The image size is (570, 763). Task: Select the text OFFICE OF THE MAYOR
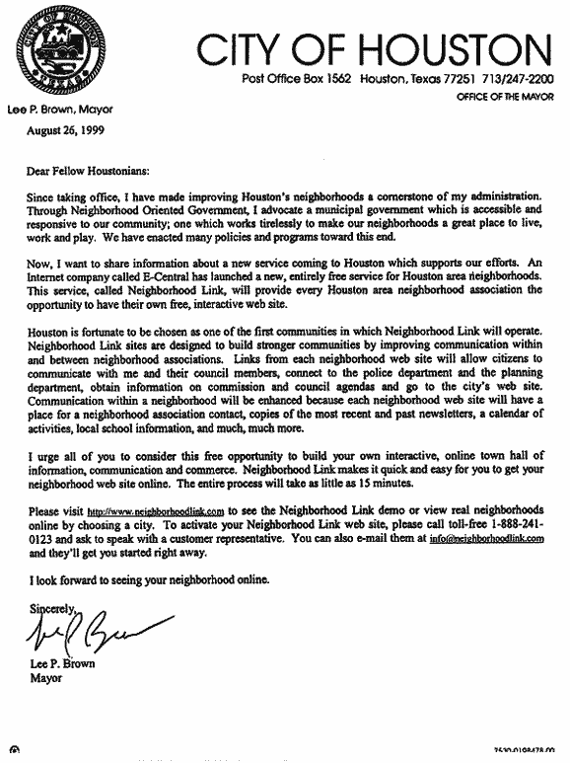(x=503, y=99)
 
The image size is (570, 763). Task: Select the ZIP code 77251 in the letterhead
(x=443, y=79)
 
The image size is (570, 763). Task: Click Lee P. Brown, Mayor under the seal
(x=60, y=111)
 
